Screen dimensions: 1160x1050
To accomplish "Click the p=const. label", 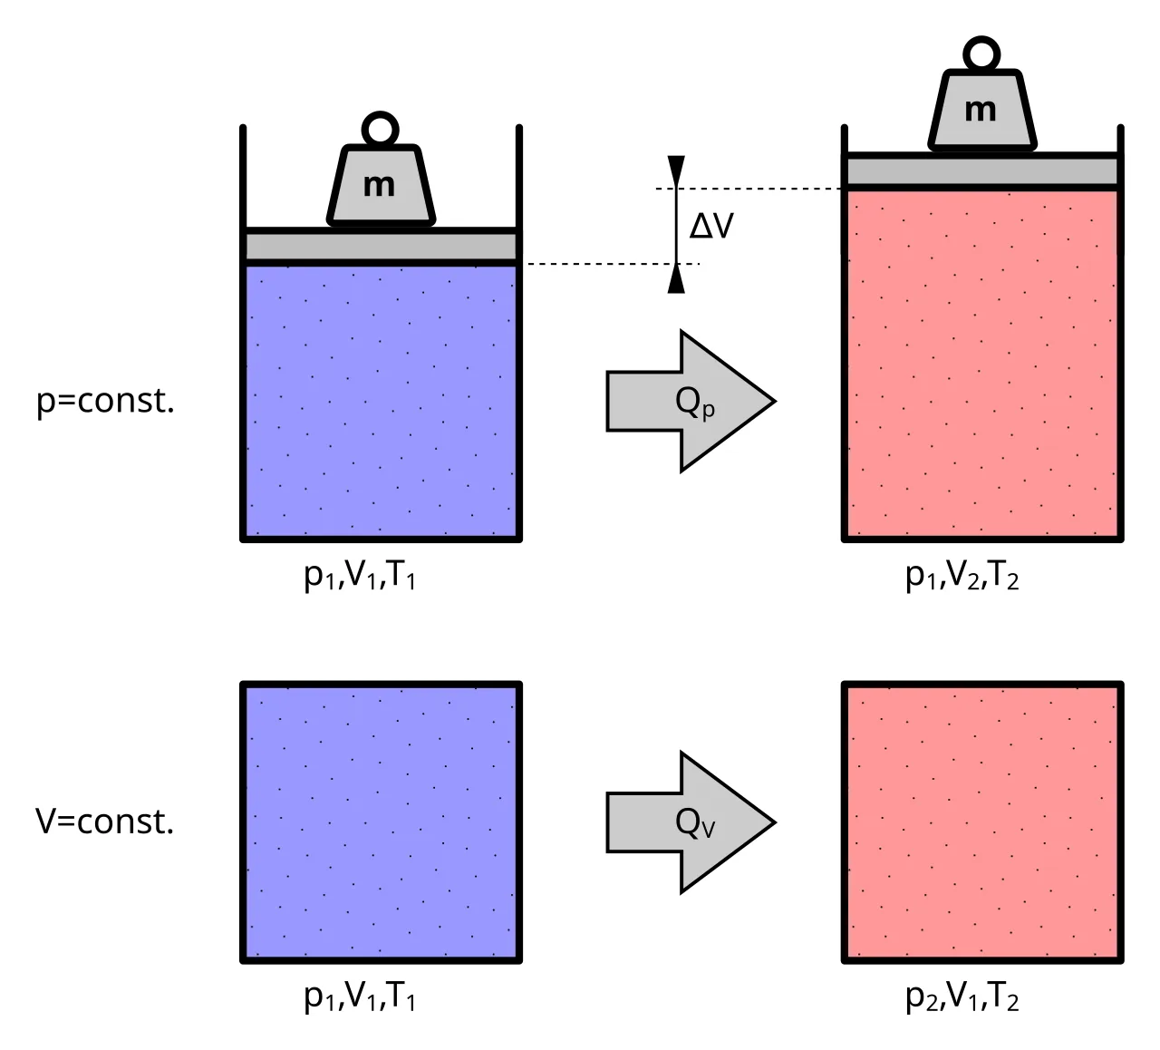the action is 105,401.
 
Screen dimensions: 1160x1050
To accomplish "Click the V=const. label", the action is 104,822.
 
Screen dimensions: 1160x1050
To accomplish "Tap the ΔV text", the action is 711,226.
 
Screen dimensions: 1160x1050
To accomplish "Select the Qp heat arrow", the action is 691,401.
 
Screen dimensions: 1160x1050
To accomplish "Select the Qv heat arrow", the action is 691,822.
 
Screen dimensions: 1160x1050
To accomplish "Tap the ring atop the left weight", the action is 380,113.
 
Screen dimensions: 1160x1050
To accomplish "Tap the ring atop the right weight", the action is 981,39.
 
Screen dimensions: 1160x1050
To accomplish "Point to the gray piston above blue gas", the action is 381,247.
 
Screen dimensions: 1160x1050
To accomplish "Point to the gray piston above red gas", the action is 982,172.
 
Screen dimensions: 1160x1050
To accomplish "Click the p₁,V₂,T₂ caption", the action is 962,577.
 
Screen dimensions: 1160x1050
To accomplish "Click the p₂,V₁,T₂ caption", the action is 962,997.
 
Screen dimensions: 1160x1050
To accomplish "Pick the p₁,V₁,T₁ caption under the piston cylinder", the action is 360,577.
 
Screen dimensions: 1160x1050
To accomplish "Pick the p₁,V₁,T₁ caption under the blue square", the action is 360,997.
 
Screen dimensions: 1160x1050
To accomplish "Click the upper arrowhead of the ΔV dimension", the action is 676,170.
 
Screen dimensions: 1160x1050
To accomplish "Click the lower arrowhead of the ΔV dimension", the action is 676,279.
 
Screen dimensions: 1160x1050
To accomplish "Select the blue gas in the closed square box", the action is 381,822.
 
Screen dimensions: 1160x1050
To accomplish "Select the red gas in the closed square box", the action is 982,822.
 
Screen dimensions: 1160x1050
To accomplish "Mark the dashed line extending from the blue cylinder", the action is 613,264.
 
